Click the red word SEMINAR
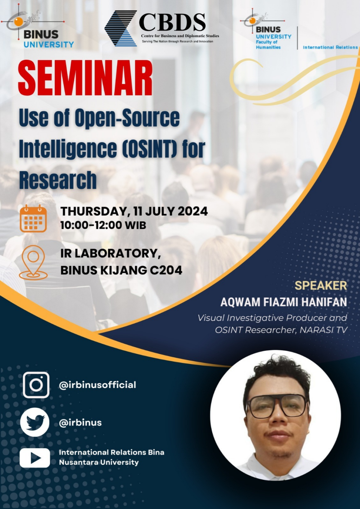(x=85, y=78)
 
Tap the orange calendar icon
(x=33, y=218)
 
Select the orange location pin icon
(x=33, y=262)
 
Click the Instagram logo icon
(x=36, y=385)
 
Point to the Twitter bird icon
(x=34, y=422)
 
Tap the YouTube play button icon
(x=34, y=458)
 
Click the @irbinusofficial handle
(x=97, y=385)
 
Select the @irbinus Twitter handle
(x=80, y=423)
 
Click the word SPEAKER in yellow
(x=321, y=286)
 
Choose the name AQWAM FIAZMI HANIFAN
(x=284, y=302)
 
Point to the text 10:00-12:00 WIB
(x=103, y=226)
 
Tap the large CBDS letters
(x=172, y=22)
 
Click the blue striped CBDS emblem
(x=121, y=28)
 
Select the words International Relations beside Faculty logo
(x=330, y=47)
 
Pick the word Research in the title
(x=58, y=180)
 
